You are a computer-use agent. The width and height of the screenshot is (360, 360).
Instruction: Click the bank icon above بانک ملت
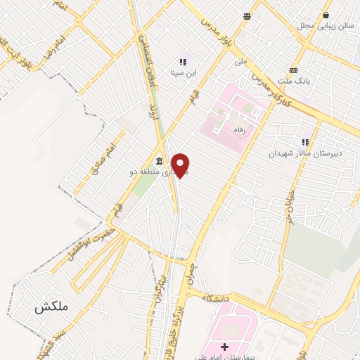pos(293,71)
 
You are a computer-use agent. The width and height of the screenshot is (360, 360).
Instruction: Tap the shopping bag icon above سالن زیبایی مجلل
pos(326,15)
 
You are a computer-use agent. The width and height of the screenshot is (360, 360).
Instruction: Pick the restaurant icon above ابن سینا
pos(184,61)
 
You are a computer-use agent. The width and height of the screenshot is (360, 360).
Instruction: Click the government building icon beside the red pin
pos(160,161)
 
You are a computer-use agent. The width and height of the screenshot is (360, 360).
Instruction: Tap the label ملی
pos(241,62)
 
